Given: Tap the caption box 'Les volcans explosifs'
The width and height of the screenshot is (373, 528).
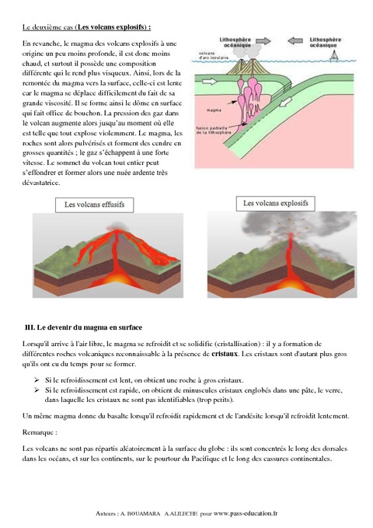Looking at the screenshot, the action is [x=277, y=204].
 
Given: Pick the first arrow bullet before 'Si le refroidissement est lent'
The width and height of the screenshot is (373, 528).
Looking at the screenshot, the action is [x=37, y=380].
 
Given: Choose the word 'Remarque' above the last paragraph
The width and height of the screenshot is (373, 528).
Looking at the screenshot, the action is [x=43, y=433].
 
